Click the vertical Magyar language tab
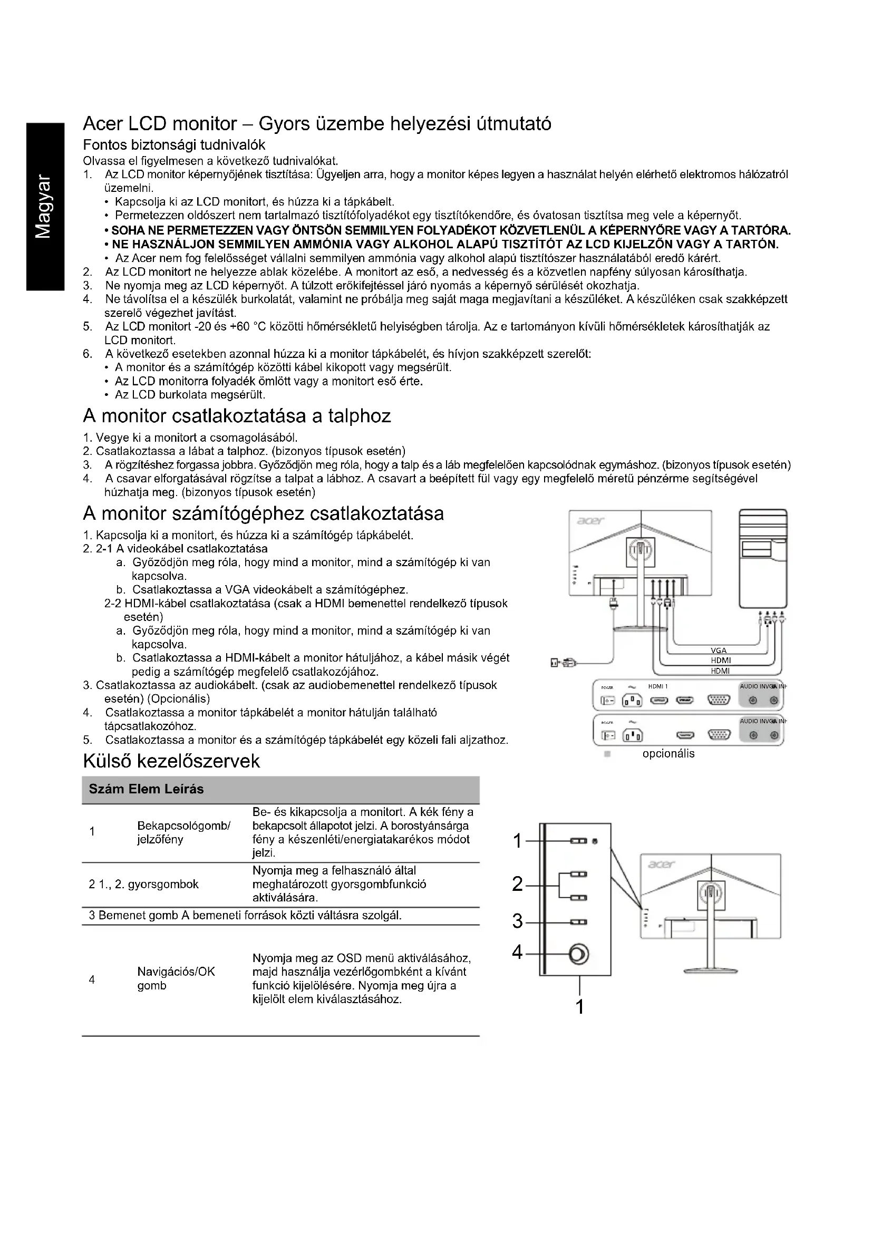[x=44, y=206]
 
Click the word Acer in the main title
[x=105, y=124]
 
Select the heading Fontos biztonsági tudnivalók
[x=174, y=145]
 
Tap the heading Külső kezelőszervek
[x=171, y=761]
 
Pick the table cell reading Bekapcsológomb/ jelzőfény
[x=183, y=832]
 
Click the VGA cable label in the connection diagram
[x=719, y=651]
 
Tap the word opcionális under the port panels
[x=668, y=754]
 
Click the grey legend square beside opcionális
[x=607, y=754]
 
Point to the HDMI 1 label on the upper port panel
[x=658, y=687]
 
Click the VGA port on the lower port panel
[x=719, y=735]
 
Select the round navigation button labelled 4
[x=579, y=954]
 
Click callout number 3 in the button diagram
[x=518, y=921]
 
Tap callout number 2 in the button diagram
[x=518, y=884]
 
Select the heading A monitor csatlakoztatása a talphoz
[x=237, y=416]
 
